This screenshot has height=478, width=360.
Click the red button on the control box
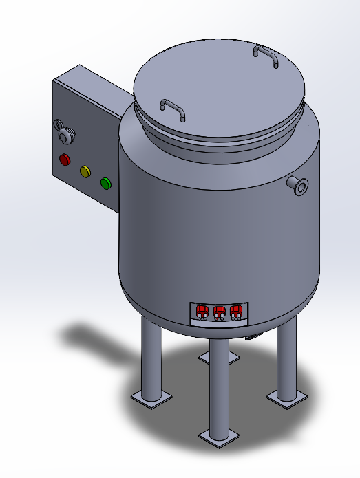[65, 160]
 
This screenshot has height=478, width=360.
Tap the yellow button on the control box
[85, 171]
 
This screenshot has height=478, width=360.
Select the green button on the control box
[106, 183]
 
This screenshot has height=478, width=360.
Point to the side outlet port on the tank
[299, 184]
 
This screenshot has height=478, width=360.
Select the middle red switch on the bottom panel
[220, 312]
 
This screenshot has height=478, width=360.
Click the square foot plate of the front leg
[220, 436]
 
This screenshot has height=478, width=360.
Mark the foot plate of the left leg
[151, 398]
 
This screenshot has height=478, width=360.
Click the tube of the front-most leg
[219, 385]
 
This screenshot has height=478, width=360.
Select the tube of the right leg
[286, 358]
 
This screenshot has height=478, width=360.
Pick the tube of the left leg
[150, 358]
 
